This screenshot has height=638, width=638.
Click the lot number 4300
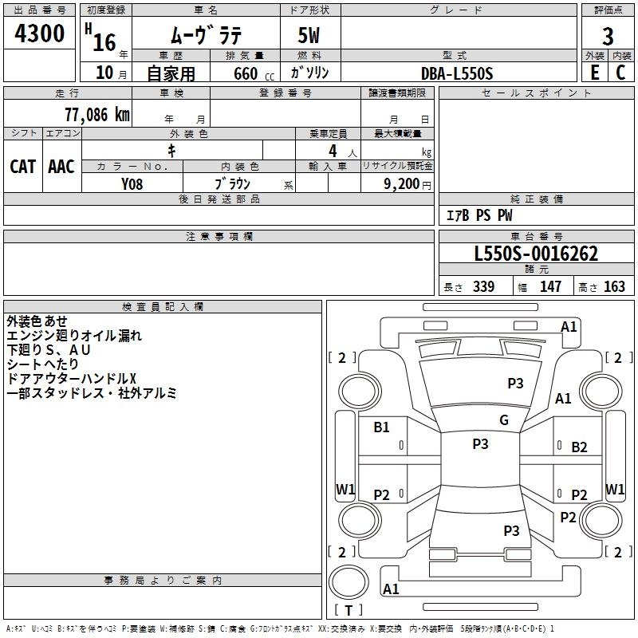click(x=39, y=33)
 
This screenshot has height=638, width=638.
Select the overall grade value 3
click(x=608, y=36)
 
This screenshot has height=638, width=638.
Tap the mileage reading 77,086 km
click(x=97, y=115)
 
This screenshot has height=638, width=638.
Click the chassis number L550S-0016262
click(x=536, y=254)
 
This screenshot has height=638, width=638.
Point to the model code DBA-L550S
click(x=456, y=73)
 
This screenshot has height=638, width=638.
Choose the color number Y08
click(x=132, y=184)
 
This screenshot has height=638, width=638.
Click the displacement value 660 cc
click(x=254, y=74)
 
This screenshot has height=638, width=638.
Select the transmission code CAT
click(x=22, y=167)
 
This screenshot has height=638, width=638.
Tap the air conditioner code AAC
click(x=61, y=167)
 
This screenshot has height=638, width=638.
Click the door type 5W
click(x=309, y=35)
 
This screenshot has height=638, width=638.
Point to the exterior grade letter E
click(x=594, y=73)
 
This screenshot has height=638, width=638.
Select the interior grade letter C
click(x=620, y=73)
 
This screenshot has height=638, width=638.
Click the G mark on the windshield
click(x=504, y=420)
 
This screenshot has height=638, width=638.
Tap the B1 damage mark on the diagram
click(x=381, y=427)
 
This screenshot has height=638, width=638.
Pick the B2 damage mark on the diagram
click(x=579, y=447)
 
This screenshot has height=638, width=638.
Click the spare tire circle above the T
click(x=349, y=582)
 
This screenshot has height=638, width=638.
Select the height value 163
click(x=614, y=286)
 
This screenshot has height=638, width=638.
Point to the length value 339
click(x=483, y=286)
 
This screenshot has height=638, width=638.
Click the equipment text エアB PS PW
click(x=479, y=215)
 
